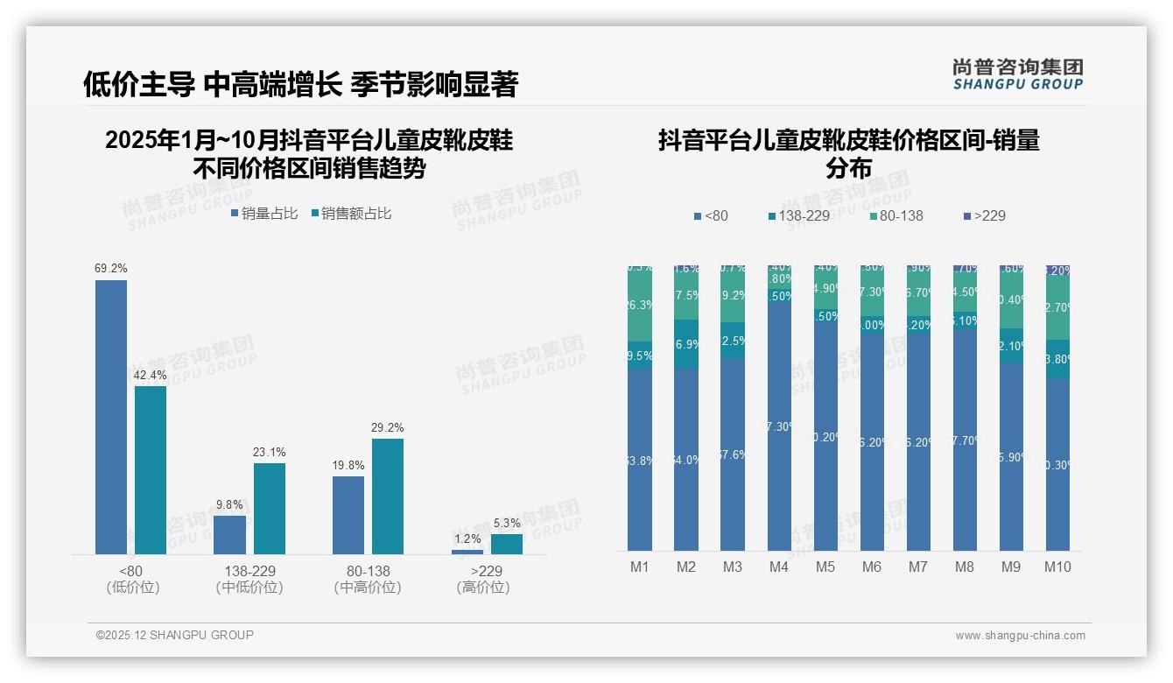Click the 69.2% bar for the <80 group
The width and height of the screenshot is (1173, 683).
pyautogui.click(x=111, y=417)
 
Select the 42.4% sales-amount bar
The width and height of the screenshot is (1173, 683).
pyautogui.click(x=151, y=469)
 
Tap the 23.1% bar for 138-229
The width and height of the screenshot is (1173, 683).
pyautogui.click(x=270, y=508)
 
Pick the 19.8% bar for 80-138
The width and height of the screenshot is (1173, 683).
pyautogui.click(x=348, y=515)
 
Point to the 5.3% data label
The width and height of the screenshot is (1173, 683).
pyautogui.click(x=506, y=524)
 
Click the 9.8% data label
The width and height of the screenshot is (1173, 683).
pyautogui.click(x=229, y=505)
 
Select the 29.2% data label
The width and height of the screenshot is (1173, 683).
pyautogui.click(x=388, y=428)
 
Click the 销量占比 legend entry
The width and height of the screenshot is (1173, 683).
pyautogui.click(x=263, y=214)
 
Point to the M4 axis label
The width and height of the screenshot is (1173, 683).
pyautogui.click(x=779, y=567)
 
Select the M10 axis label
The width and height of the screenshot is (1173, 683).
pyautogui.click(x=1057, y=567)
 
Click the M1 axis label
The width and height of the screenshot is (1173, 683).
pyautogui.click(x=640, y=567)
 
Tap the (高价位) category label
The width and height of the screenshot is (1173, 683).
pyautogui.click(x=482, y=588)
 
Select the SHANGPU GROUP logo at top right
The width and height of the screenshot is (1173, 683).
pyautogui.click(x=1017, y=74)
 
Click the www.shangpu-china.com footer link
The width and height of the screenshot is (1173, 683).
pyautogui.click(x=1020, y=636)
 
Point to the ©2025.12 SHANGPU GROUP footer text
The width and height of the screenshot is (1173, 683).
pyautogui.click(x=175, y=635)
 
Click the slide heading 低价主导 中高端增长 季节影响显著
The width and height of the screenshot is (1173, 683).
pyautogui.click(x=300, y=84)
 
